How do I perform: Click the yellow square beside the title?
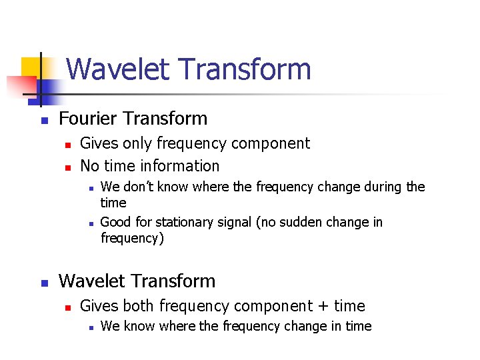point(31,67)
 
